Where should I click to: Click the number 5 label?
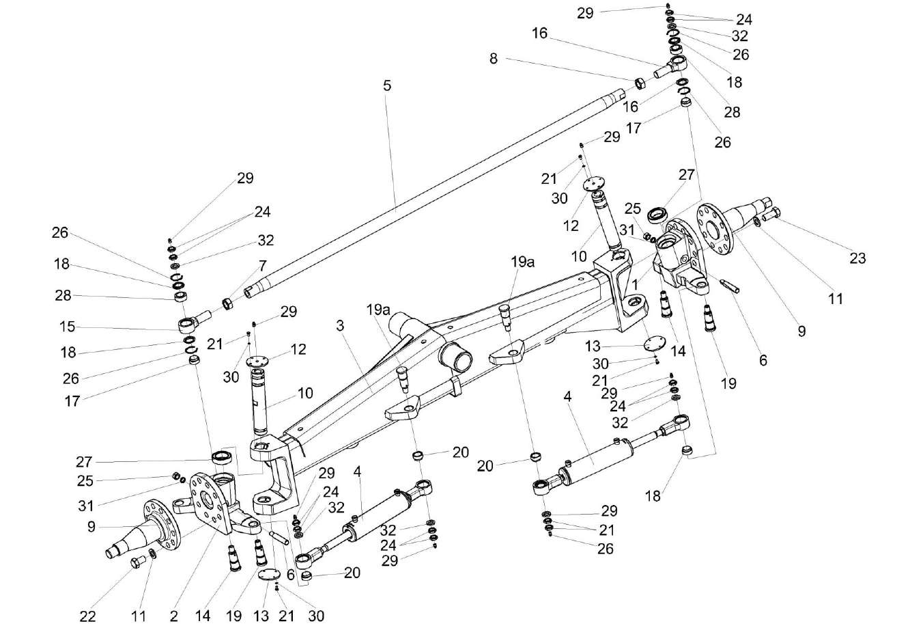387,86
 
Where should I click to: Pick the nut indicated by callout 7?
228,302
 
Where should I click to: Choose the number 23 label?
857,258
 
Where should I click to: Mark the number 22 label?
87,616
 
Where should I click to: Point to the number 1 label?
635,282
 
